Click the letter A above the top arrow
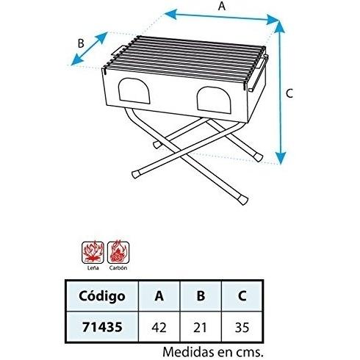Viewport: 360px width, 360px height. click(x=222, y=6)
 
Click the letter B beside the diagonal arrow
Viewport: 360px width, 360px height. click(x=81, y=43)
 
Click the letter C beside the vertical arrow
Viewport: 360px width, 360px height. click(x=289, y=93)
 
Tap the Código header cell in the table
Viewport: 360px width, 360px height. click(x=102, y=296)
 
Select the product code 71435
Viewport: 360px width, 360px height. click(x=102, y=327)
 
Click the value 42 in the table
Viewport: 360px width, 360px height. click(x=159, y=328)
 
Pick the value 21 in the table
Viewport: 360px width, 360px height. click(x=201, y=328)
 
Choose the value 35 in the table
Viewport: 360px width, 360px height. click(x=242, y=328)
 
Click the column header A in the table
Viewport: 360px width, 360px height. click(x=159, y=296)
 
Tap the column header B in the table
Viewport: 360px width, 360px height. click(x=201, y=296)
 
